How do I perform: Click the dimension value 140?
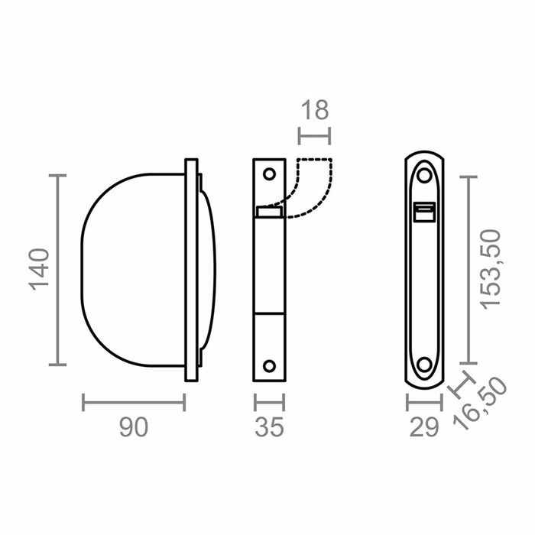[x=41, y=271]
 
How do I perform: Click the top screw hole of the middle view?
[x=268, y=173]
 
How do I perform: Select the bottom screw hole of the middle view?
[x=268, y=365]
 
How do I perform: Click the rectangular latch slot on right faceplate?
[x=423, y=212]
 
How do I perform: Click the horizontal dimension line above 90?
[x=134, y=401]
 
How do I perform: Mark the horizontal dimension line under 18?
[x=314, y=137]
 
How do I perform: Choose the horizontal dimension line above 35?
[x=268, y=401]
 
